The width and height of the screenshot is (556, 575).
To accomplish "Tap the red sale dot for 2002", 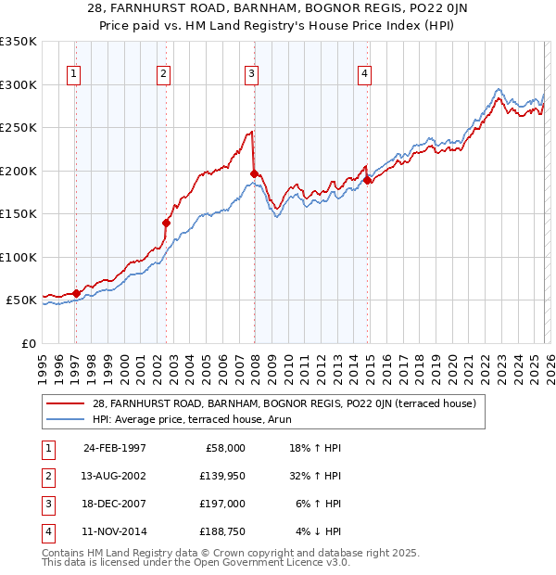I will pos(167,223).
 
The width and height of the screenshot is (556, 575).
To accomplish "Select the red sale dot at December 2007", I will pos(254,173).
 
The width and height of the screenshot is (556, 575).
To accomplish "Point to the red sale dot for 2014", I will pos(368,181).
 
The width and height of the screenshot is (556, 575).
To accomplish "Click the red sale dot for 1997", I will pos(77,293).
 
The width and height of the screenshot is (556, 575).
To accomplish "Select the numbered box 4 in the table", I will pos(45,531).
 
